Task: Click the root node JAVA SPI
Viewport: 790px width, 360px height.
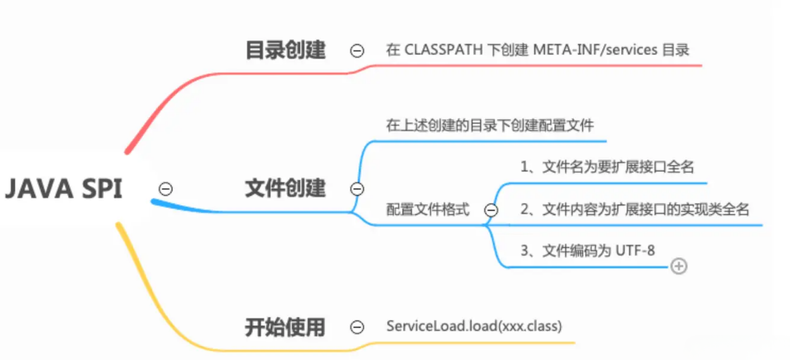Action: coord(63,189)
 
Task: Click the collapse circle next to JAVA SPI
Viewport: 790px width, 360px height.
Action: coord(166,189)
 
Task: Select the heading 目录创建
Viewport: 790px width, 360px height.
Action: coord(285,50)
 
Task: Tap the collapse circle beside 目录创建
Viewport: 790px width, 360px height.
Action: coord(357,51)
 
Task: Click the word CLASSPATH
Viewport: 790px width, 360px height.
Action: coord(443,50)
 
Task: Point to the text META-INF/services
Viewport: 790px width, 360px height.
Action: coord(595,50)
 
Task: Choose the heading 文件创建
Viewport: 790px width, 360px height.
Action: coord(285,188)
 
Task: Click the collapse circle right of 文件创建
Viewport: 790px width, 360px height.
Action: coord(357,189)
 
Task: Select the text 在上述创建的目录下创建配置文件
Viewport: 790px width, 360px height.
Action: coord(490,126)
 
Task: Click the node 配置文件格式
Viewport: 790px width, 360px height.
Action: coord(428,209)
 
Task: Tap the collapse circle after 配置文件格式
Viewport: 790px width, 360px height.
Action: coord(491,210)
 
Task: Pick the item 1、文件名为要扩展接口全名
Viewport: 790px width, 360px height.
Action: coord(607,167)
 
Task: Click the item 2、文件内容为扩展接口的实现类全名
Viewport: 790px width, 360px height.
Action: coord(634,209)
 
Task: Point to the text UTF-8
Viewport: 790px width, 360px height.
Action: coord(635,251)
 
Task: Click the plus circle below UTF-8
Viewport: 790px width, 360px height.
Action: coord(678,266)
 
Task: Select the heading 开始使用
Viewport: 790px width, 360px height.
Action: coord(285,328)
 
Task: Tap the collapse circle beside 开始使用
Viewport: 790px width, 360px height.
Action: coord(357,327)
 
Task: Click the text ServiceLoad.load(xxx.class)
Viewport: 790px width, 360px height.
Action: coord(474,326)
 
